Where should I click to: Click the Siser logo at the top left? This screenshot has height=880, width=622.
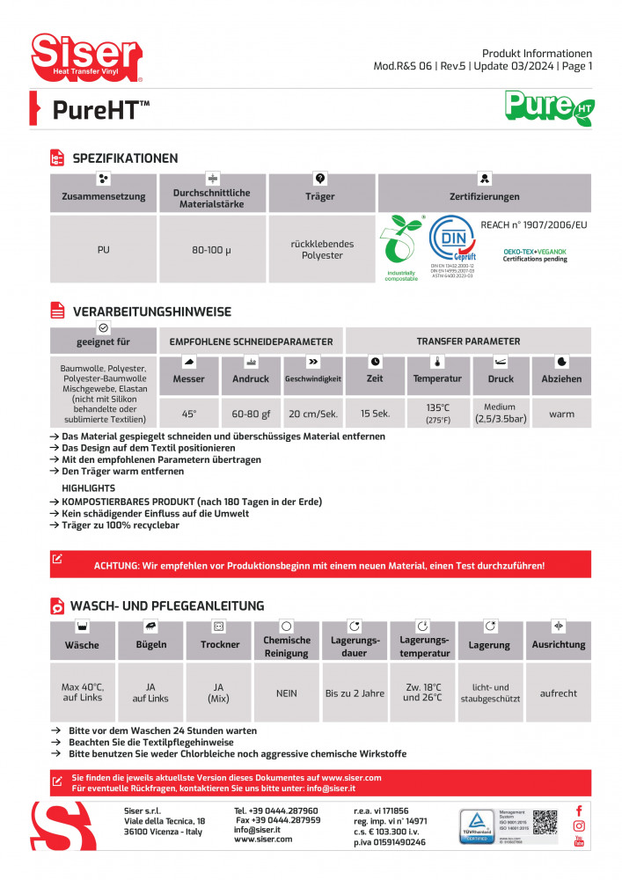click(86, 55)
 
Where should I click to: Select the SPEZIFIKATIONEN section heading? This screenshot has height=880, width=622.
click(125, 158)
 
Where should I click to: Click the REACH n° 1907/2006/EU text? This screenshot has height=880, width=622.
click(533, 225)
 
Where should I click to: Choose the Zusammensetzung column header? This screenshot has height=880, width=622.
click(104, 196)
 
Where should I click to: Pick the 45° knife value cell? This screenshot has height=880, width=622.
click(189, 414)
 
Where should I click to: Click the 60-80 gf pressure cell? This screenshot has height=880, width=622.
click(250, 414)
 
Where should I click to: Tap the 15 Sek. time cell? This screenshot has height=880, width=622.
click(375, 414)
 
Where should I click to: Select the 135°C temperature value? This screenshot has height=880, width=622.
click(437, 408)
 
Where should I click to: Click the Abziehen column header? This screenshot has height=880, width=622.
click(561, 378)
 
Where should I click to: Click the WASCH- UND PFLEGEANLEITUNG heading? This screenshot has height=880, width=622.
click(167, 605)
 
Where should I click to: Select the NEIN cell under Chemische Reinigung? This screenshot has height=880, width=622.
click(287, 693)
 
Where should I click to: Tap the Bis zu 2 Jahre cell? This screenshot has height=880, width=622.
click(355, 693)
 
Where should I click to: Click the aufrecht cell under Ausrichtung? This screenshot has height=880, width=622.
click(559, 693)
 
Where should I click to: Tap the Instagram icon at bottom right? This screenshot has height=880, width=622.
click(579, 825)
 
